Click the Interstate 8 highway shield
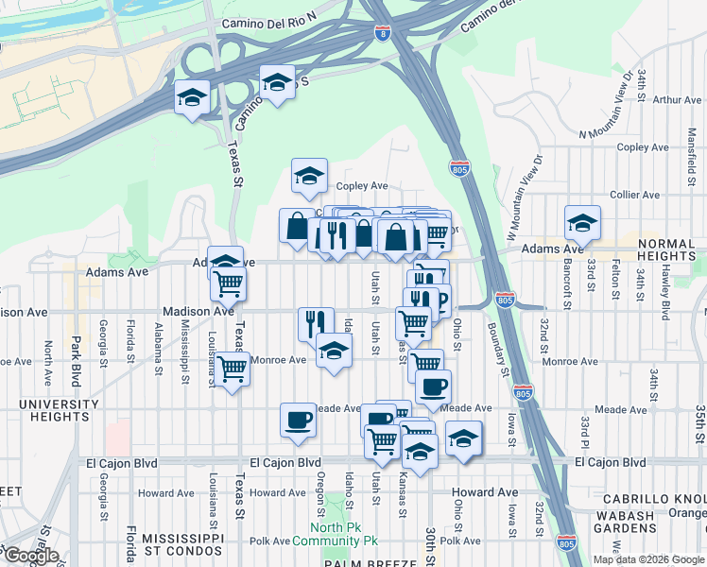382,33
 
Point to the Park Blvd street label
75,358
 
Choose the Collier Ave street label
634,194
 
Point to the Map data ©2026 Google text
648,559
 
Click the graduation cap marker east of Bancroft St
582,223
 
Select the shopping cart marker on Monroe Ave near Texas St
232,369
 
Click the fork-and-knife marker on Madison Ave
316,323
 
